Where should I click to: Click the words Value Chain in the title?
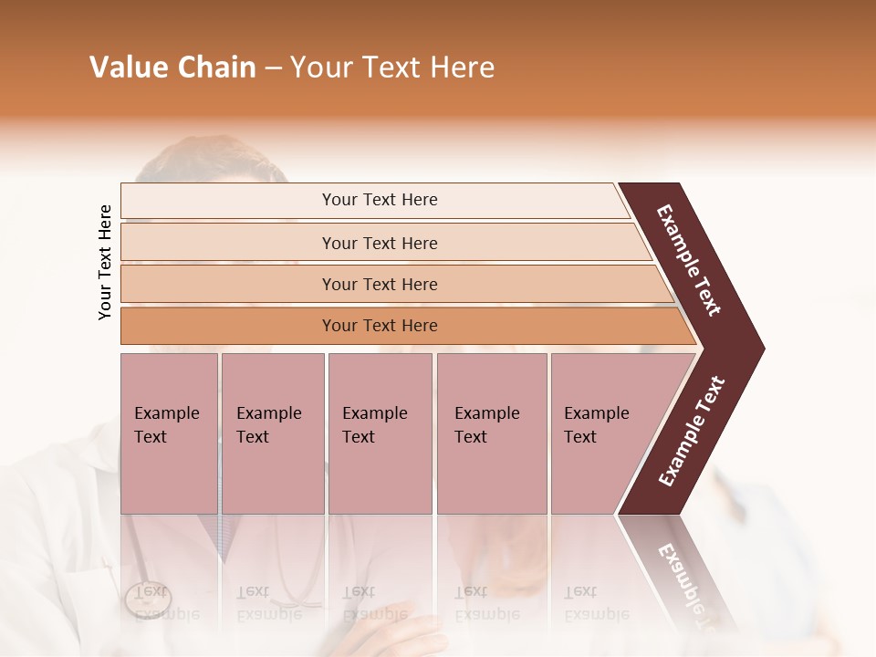172,68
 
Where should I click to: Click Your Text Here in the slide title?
392,68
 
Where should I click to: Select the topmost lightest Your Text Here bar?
379,200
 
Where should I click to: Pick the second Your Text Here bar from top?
379,243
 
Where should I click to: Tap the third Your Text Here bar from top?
379,284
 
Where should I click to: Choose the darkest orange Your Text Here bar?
379,326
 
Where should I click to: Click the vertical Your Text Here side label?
105,262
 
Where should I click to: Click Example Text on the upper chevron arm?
690,260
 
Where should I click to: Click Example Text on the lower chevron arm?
692,431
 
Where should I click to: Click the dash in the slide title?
273,68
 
